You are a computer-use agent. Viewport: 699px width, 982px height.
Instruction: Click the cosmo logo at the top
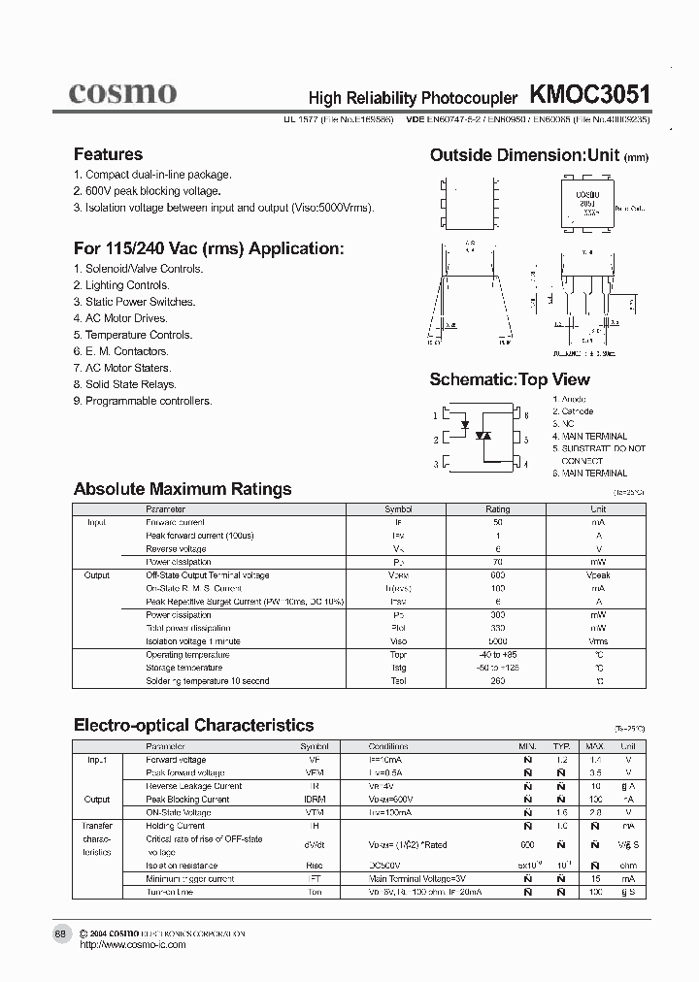(x=122, y=92)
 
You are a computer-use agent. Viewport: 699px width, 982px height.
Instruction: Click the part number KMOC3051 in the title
(x=589, y=94)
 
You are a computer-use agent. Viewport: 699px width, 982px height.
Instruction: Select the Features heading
(x=108, y=154)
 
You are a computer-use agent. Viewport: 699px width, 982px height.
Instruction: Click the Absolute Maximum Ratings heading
(x=183, y=489)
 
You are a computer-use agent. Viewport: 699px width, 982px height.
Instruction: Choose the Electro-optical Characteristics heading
(x=194, y=725)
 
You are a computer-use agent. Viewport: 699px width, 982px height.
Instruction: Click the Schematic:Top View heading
(x=510, y=379)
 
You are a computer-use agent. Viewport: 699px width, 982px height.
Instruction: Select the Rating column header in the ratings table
(x=497, y=508)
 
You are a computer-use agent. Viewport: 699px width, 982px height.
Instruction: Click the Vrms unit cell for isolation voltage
(x=598, y=641)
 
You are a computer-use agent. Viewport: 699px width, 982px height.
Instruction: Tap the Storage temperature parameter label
(x=184, y=668)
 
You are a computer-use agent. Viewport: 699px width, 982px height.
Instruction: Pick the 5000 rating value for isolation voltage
(x=497, y=641)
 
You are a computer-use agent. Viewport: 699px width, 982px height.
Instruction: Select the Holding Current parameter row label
(x=176, y=826)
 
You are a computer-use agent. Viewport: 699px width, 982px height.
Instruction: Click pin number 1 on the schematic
(x=436, y=415)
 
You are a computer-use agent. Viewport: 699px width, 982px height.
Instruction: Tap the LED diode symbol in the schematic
(x=465, y=425)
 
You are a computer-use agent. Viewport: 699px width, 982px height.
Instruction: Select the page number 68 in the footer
(x=60, y=933)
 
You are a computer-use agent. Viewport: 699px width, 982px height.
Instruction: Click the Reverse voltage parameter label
(x=176, y=548)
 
